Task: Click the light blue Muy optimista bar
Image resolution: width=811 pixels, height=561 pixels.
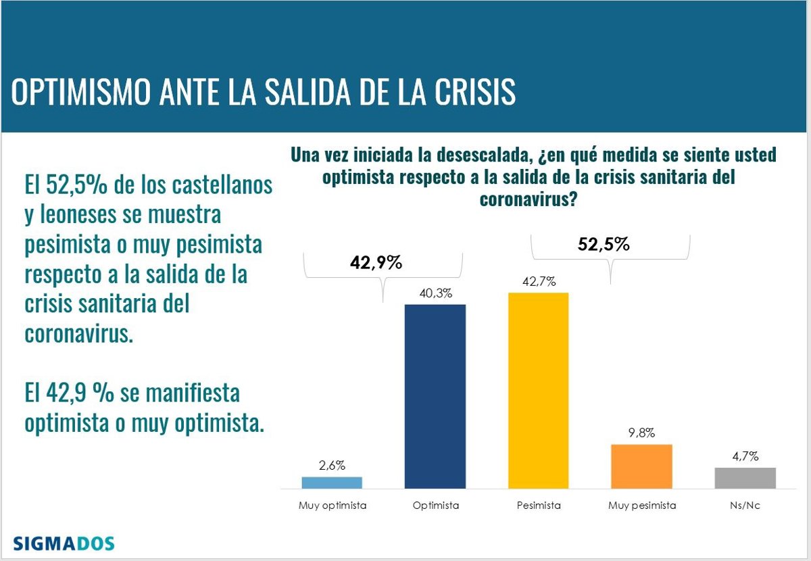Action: coord(332,482)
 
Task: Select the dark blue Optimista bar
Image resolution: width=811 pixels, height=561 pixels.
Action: coord(435,396)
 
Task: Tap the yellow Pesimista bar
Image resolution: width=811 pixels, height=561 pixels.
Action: coord(538,390)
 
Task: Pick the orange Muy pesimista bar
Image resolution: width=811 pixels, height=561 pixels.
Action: coord(641,466)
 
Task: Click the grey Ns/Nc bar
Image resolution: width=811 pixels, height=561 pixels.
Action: coord(745,477)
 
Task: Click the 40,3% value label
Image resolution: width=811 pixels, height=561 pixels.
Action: coord(435,293)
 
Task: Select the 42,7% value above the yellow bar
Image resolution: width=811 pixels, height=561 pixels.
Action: coord(539,281)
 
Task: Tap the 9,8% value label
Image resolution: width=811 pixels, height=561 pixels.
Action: coord(641,433)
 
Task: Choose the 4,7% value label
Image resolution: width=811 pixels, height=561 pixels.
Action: coord(745,456)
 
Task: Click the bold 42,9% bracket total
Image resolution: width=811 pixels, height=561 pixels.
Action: coord(376,263)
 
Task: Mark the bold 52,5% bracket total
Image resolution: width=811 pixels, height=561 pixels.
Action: coord(604,245)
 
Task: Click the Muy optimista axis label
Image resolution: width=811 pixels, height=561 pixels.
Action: coord(332,505)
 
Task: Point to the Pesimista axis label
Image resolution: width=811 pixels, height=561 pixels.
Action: coord(538,505)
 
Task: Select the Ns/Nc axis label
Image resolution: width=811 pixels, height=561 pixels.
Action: coord(745,505)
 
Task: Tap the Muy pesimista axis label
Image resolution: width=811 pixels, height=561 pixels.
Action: coord(641,505)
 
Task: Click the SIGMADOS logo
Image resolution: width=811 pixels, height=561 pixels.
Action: coord(64,543)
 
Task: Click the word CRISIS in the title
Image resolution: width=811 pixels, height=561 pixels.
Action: coord(468,93)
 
